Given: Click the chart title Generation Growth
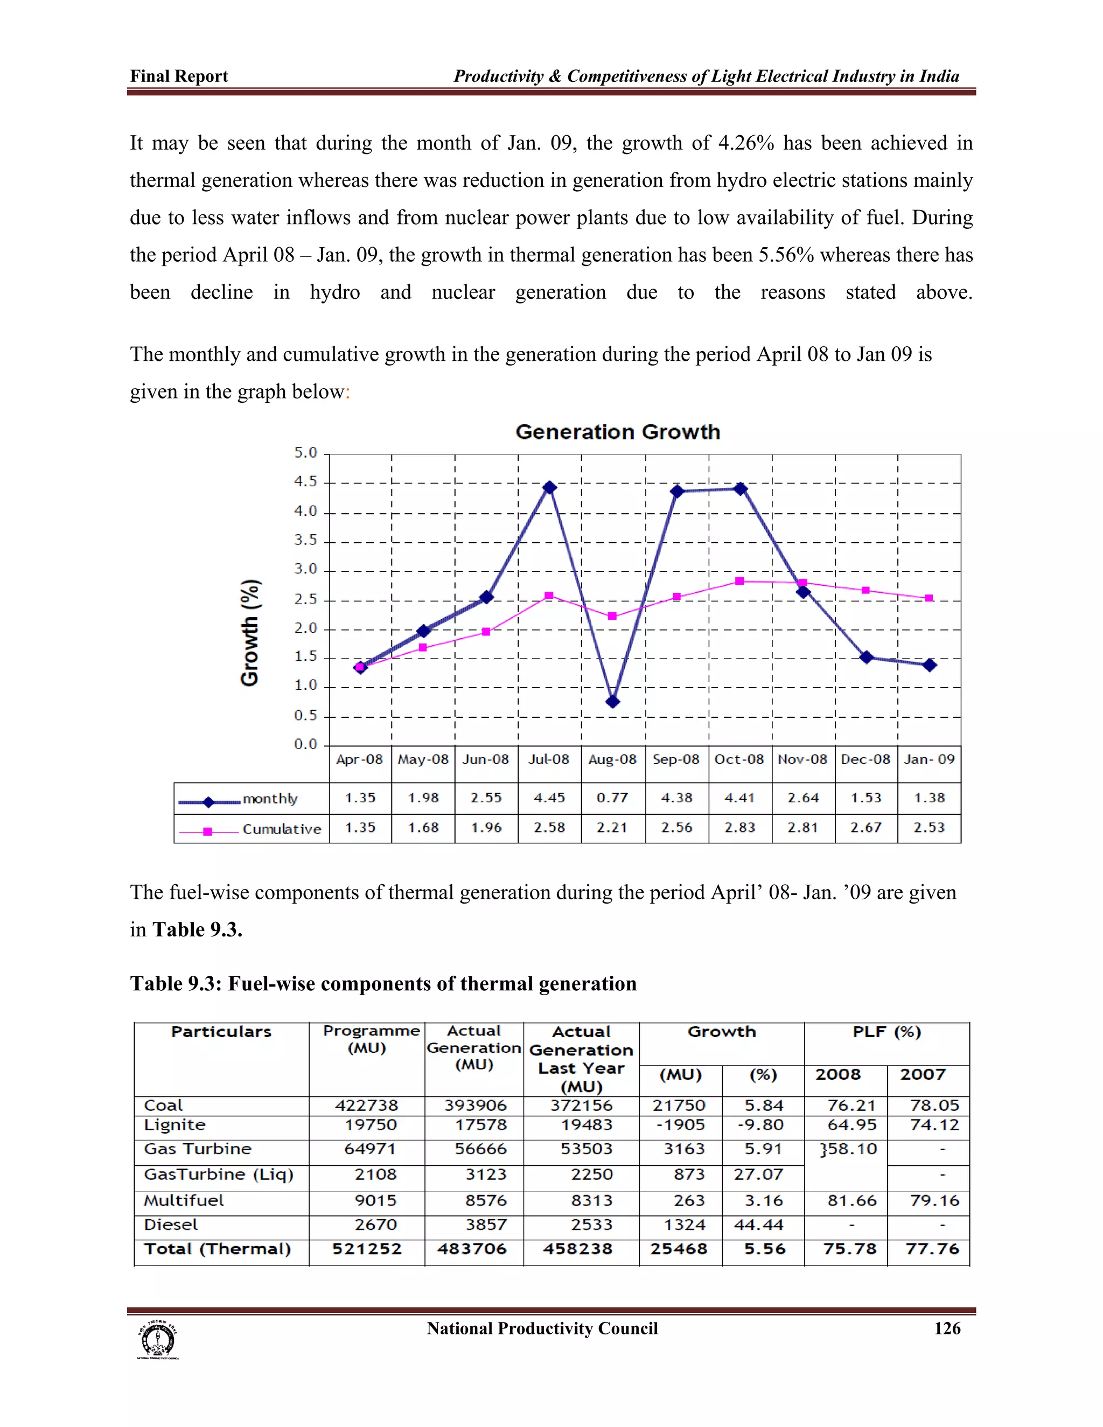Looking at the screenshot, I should tap(618, 432).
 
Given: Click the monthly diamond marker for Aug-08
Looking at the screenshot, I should tap(612, 702).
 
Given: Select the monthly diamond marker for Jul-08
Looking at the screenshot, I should tap(549, 487).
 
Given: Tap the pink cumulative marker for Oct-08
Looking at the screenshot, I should tap(739, 581).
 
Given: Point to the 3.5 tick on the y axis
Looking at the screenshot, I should tap(305, 540).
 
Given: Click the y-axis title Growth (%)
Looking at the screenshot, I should tap(249, 633).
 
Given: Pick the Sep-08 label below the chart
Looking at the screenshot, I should tap(676, 759).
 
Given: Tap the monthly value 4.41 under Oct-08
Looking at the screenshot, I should tap(739, 798).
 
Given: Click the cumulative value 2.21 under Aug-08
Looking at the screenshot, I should tap(612, 828).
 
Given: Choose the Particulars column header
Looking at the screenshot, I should tap(221, 1032).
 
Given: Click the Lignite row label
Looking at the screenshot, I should tap(174, 1124).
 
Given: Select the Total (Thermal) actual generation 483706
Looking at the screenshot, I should tap(472, 1249).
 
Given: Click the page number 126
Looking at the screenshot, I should tap(947, 1328).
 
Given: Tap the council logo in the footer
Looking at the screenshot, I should tap(157, 1341).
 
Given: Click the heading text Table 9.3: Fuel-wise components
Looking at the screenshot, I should tap(383, 983).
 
